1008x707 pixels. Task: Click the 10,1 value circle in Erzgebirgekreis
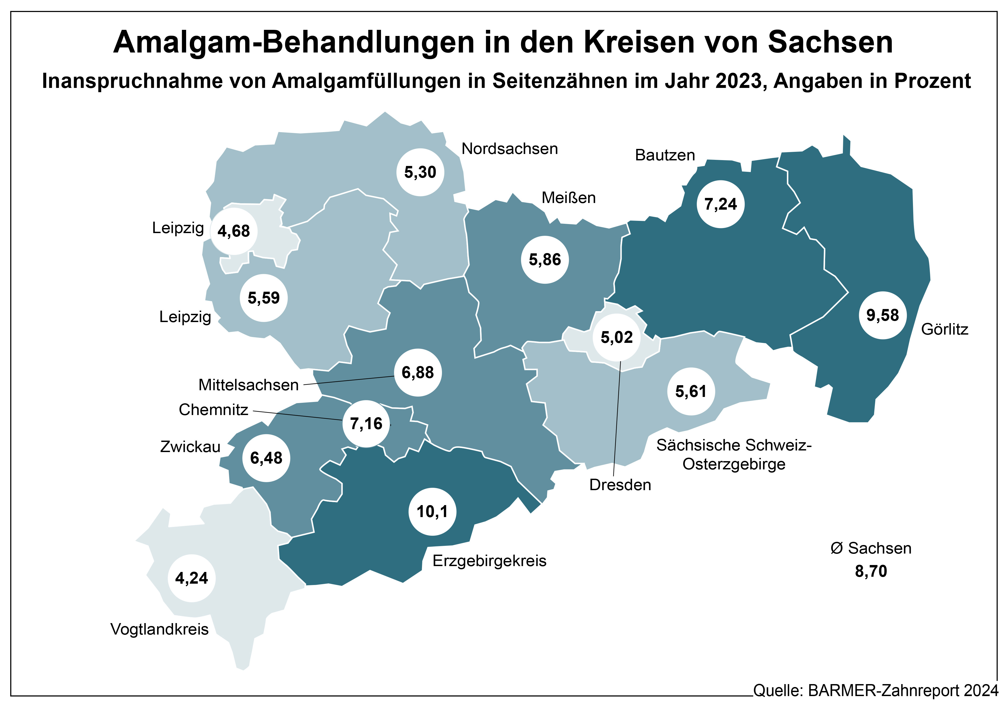[432, 511]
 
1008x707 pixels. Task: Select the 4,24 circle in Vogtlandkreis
[191, 578]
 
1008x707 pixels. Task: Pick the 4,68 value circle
[233, 231]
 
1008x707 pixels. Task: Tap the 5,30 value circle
[420, 172]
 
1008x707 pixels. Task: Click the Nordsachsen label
[509, 149]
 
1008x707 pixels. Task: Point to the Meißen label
[568, 198]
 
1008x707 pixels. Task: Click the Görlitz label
[944, 329]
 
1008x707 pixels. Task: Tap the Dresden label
[620, 485]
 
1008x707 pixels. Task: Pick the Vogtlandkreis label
[159, 629]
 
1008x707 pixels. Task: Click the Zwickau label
[190, 446]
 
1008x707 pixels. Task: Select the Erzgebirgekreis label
[489, 561]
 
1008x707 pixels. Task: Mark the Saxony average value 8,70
[871, 571]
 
